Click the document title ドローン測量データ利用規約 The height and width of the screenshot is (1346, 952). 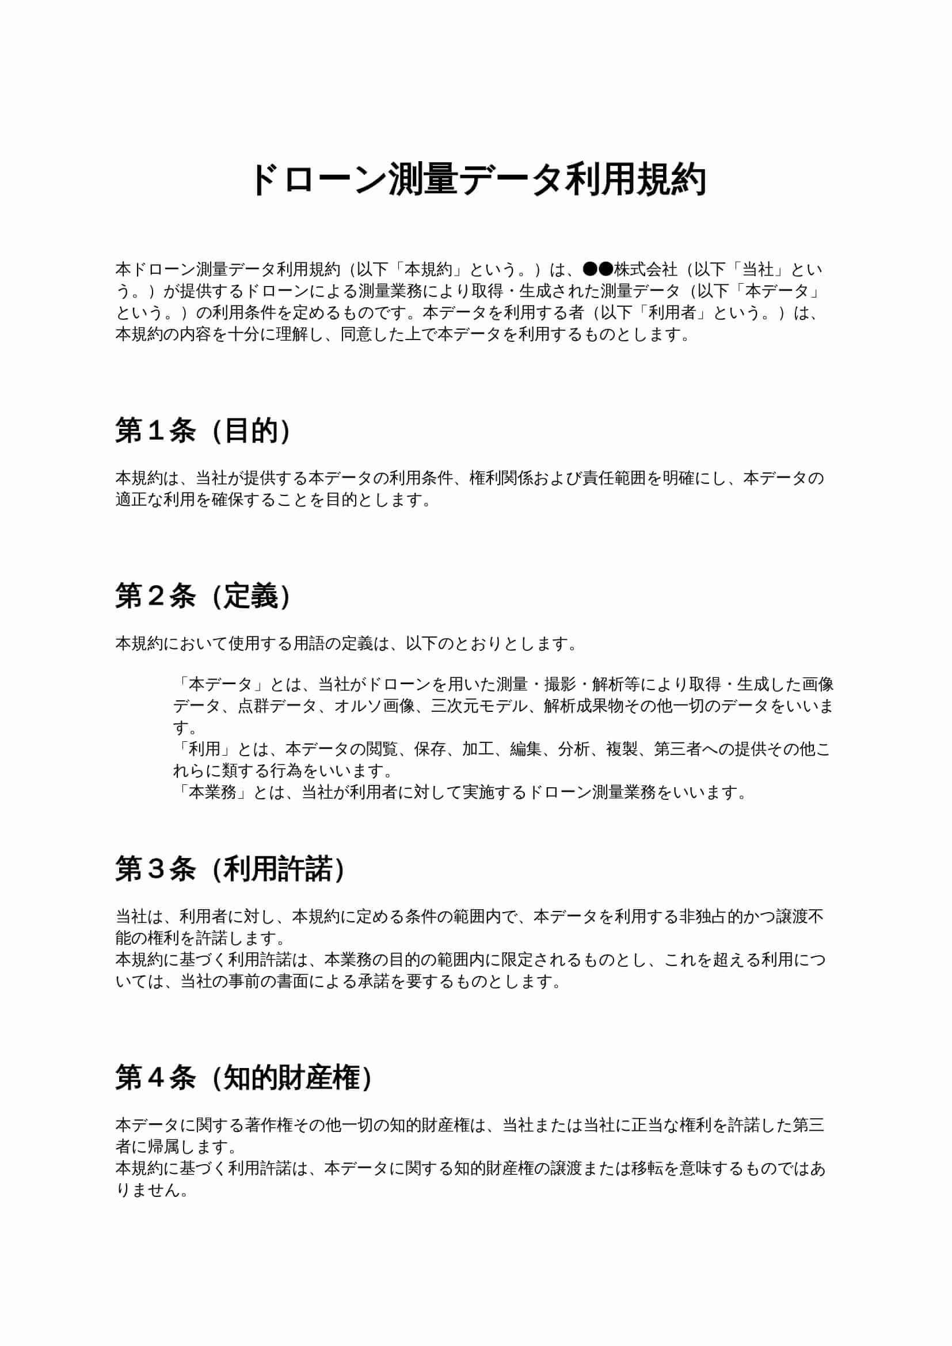tap(478, 180)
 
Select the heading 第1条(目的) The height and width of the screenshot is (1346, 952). tap(203, 431)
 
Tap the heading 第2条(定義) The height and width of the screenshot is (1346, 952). tap(203, 597)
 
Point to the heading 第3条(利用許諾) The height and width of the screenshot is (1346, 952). tap(230, 868)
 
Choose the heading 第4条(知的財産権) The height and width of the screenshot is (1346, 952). tap(244, 1077)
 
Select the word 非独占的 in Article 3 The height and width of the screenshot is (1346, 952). tap(710, 916)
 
